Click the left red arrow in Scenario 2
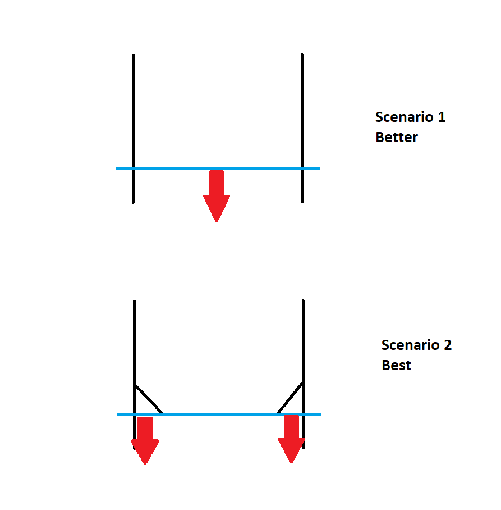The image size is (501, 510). [x=145, y=438]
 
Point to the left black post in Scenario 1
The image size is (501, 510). [x=133, y=112]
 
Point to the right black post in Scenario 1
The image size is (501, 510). [x=302, y=112]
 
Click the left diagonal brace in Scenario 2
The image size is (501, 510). [x=149, y=399]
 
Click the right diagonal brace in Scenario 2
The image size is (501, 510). [x=290, y=398]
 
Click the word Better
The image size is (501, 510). [x=397, y=138]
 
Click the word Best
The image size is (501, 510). [x=397, y=365]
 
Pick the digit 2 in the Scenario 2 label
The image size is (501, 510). [x=447, y=345]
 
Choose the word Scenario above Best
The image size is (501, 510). [x=410, y=345]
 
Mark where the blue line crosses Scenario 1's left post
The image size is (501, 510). [x=133, y=168]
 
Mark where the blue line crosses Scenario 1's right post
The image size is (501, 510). [x=302, y=168]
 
